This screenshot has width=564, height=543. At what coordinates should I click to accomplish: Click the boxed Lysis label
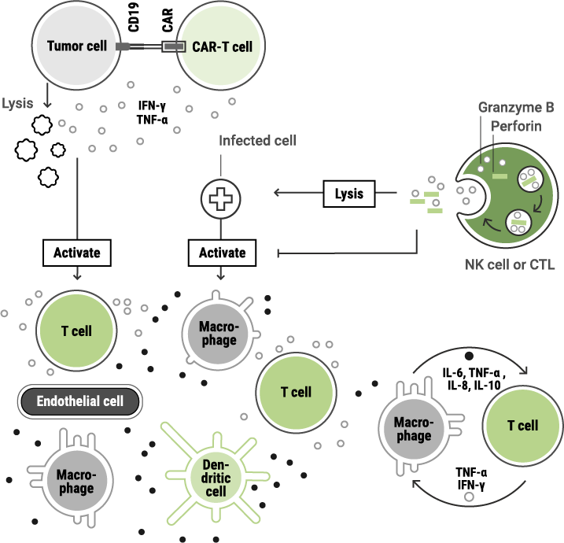click(349, 193)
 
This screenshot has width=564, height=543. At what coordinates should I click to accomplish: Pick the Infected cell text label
click(257, 141)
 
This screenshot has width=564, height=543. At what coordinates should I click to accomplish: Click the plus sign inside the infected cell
click(221, 198)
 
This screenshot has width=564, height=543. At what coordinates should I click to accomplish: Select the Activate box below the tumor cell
click(77, 253)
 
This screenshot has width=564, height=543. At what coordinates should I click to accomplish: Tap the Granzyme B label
click(516, 107)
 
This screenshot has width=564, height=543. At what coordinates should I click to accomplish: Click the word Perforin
click(516, 126)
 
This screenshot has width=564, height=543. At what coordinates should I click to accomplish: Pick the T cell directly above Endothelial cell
click(76, 331)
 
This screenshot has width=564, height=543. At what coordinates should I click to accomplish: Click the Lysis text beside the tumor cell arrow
click(18, 104)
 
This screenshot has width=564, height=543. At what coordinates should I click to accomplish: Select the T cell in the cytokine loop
click(522, 425)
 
